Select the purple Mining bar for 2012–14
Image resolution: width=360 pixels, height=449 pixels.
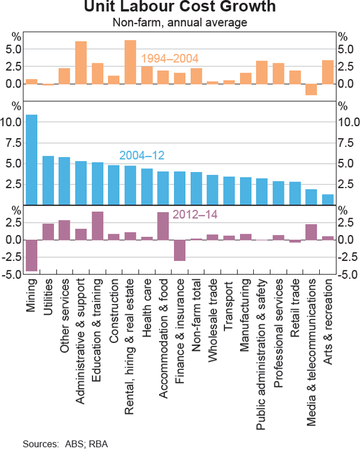pyautogui.click(x=32, y=255)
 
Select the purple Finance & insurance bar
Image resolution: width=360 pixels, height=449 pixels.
pyautogui.click(x=179, y=250)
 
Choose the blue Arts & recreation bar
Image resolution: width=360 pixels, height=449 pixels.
pyautogui.click(x=327, y=199)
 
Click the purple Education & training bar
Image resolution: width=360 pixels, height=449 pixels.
pyautogui.click(x=97, y=225)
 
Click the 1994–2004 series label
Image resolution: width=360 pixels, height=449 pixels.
pyautogui.click(x=170, y=58)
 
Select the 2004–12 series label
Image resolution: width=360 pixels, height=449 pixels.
pyautogui.click(x=142, y=155)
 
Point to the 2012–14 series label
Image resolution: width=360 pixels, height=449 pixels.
pyautogui.click(x=193, y=215)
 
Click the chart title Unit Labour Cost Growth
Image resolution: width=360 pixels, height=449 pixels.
pyautogui.click(x=180, y=8)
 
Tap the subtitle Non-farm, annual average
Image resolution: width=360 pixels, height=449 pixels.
pyautogui.click(x=180, y=23)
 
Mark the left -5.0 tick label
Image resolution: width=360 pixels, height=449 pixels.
pyautogui.click(x=14, y=275)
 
